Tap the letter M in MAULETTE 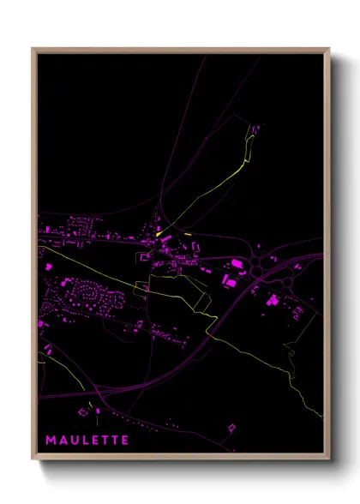(51, 440)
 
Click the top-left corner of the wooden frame (33, 49)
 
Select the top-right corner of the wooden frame (330, 49)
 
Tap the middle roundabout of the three (258, 272)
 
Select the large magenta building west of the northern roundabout (237, 263)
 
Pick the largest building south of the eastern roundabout (273, 299)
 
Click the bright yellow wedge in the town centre (161, 229)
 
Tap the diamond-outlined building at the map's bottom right (230, 426)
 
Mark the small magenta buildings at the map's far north (255, 129)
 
